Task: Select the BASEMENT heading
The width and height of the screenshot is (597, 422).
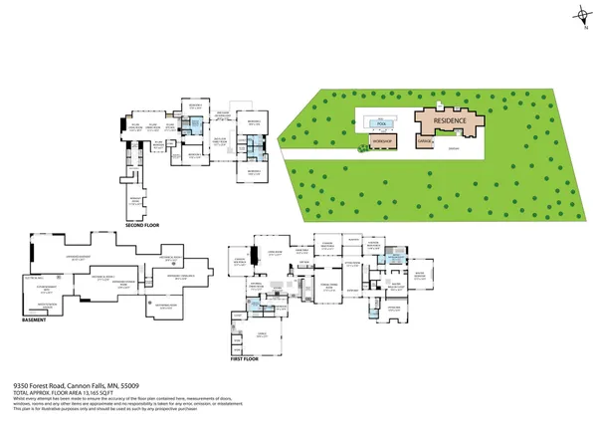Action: (36, 319)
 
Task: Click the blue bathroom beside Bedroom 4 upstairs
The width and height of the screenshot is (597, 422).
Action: (197, 126)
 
